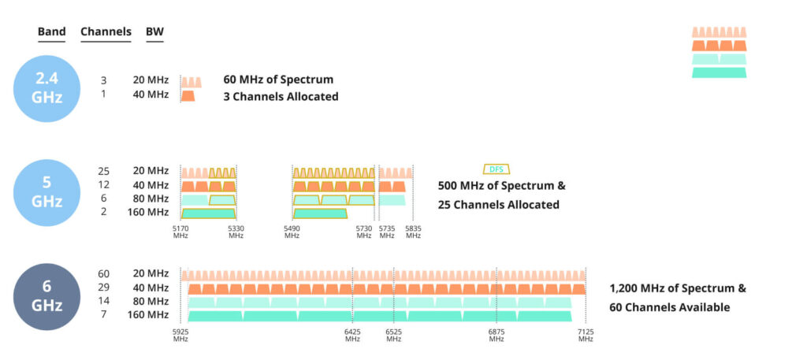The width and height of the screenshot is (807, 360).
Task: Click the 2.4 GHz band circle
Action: tap(46, 88)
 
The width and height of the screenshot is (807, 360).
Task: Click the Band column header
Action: tap(51, 32)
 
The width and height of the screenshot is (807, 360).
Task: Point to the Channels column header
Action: tap(106, 32)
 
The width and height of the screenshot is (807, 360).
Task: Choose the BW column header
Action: tap(154, 32)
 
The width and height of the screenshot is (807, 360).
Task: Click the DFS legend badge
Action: tap(496, 169)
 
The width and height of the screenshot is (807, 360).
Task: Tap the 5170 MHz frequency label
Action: tap(181, 232)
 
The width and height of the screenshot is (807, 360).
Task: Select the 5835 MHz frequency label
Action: tap(414, 232)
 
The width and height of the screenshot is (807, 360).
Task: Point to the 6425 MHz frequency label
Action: tap(352, 336)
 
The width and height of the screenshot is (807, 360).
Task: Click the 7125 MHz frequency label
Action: tap(585, 336)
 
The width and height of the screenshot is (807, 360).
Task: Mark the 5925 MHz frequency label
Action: tap(181, 336)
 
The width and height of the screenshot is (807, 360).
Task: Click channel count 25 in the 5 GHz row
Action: tap(104, 171)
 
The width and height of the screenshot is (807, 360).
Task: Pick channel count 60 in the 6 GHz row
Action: tap(104, 273)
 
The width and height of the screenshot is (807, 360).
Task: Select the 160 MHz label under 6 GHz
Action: tap(150, 315)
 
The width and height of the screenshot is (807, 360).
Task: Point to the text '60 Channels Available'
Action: tap(670, 307)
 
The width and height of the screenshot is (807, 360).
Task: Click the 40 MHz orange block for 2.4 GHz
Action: tap(188, 95)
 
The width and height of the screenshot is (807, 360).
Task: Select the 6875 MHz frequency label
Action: tap(496, 336)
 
